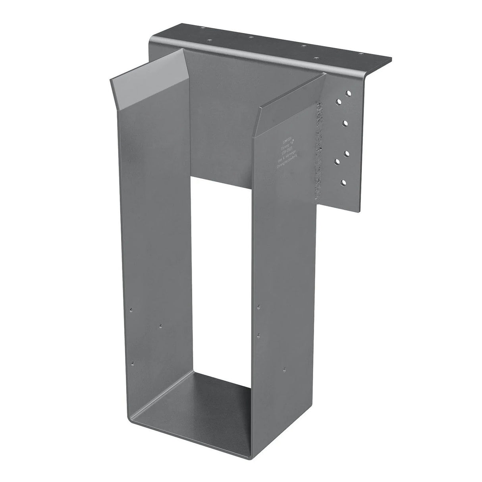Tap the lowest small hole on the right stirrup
[284, 369]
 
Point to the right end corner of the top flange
[391, 60]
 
